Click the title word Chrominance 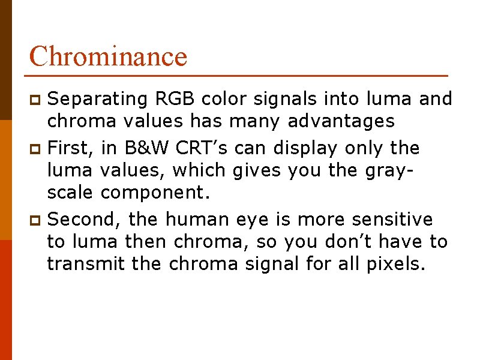[108, 56]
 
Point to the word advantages [341, 121]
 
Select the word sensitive [392, 220]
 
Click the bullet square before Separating [35, 98]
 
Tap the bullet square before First [35, 148]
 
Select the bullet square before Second [35, 220]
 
